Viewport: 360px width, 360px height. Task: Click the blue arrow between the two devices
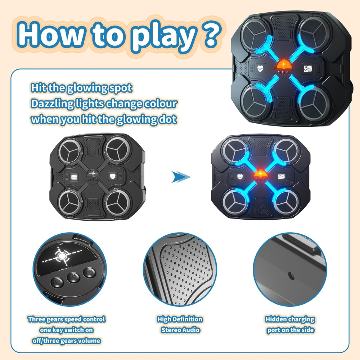coord(181,177)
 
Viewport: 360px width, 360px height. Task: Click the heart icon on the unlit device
coord(112,176)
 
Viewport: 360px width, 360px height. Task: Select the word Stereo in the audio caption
coord(171,330)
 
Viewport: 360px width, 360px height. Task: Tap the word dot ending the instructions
coord(167,119)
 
